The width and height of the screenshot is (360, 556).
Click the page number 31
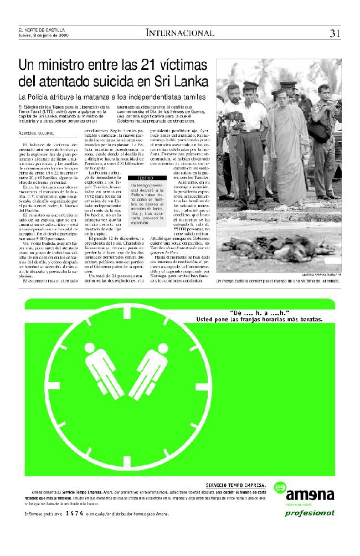pos(335,33)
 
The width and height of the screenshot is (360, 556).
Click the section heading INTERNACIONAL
pos(180,33)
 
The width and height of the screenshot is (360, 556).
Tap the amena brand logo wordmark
pos(313,494)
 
